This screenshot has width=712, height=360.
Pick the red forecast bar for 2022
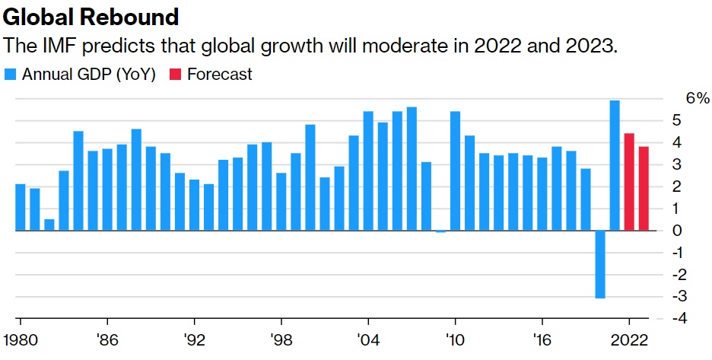click(x=629, y=182)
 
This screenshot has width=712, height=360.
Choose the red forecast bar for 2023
click(x=644, y=188)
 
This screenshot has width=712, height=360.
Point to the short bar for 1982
click(x=49, y=225)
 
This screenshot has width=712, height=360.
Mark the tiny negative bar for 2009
click(x=441, y=231)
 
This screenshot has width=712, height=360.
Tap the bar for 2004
click(x=368, y=171)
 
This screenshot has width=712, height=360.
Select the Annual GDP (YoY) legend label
click(x=89, y=74)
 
